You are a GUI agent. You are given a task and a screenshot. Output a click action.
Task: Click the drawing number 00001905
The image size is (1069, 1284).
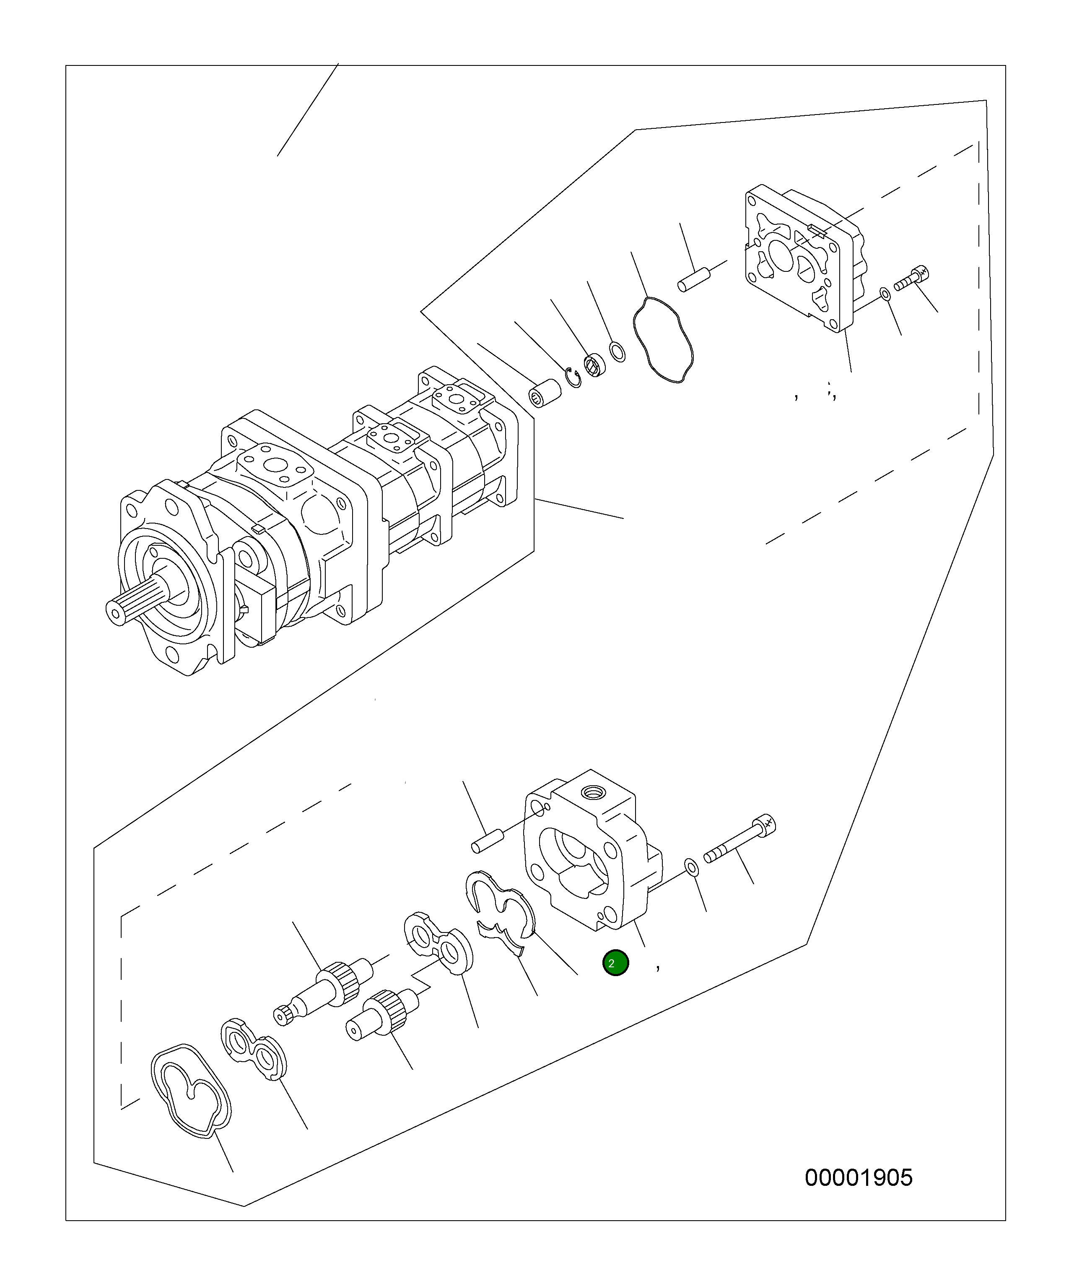(x=858, y=1177)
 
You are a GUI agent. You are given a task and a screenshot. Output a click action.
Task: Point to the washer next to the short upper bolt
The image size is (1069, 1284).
(x=885, y=295)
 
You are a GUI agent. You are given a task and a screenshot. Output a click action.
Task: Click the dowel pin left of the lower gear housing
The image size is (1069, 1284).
(x=487, y=839)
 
